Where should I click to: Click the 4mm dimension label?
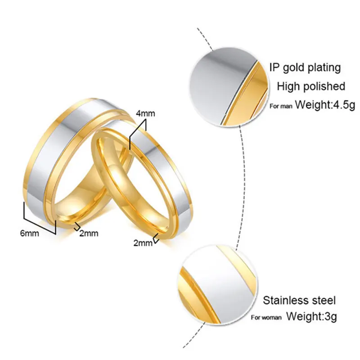coord(144,114)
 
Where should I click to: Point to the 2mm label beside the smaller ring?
coord(143,243)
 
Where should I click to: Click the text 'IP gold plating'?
coord(305,68)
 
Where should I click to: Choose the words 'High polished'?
coord(311,86)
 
